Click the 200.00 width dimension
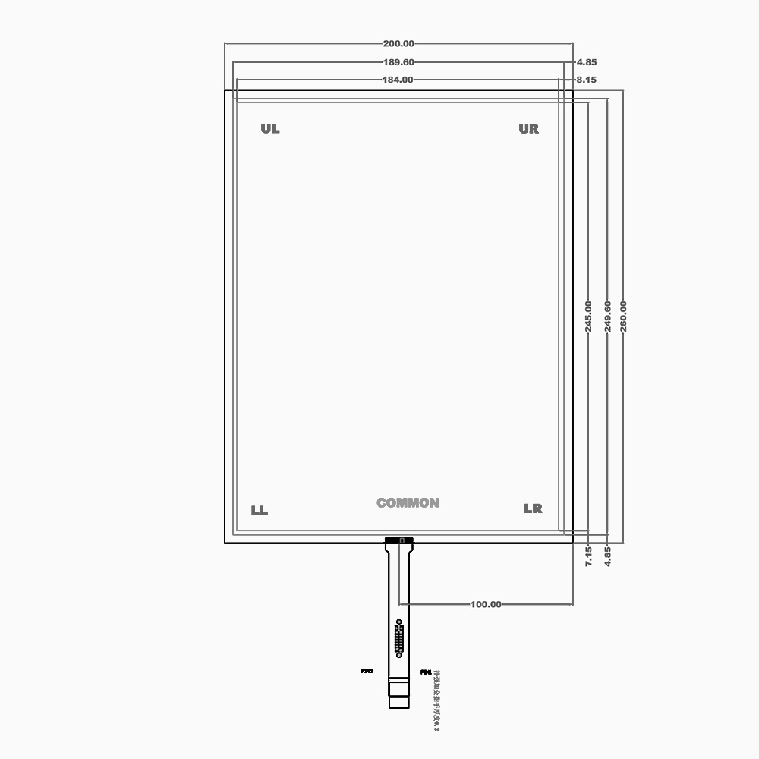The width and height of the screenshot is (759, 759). [x=399, y=44]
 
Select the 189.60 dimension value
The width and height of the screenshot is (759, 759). [x=399, y=62]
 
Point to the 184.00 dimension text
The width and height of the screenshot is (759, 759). [x=398, y=80]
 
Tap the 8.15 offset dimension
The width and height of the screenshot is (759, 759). [x=586, y=80]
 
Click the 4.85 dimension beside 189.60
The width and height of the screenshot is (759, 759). [x=586, y=62]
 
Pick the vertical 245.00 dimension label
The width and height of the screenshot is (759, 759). [x=588, y=316]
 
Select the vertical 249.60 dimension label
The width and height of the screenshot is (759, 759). [x=606, y=316]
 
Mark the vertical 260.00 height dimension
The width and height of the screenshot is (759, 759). [x=623, y=316]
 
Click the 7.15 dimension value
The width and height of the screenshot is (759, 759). [x=588, y=556]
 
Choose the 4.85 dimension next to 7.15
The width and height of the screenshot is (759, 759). [x=607, y=556]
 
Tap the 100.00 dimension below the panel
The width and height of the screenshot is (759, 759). [x=486, y=604]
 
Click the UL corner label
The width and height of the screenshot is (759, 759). [x=270, y=129]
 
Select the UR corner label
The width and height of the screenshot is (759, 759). [x=529, y=129]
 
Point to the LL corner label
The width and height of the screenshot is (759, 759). [x=260, y=511]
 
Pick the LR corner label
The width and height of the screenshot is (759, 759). [x=533, y=509]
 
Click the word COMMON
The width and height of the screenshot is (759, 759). [x=408, y=503]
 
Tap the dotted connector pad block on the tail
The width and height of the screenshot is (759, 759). [x=399, y=638]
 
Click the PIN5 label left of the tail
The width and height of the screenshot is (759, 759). [x=367, y=671]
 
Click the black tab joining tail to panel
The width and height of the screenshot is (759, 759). [x=399, y=540]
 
